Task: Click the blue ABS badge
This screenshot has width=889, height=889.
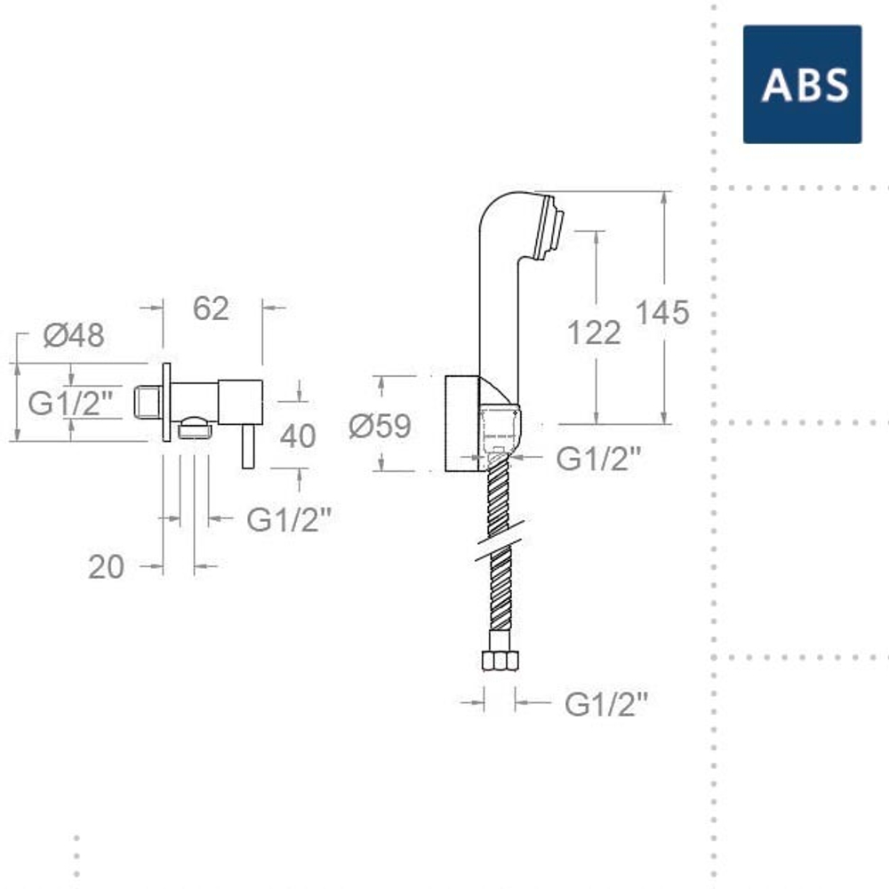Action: pyautogui.click(x=802, y=84)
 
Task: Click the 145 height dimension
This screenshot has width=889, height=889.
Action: pyautogui.click(x=662, y=312)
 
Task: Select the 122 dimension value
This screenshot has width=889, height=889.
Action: pyautogui.click(x=594, y=332)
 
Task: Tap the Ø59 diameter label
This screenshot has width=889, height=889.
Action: pyautogui.click(x=380, y=427)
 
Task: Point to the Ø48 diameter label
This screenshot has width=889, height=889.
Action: pyautogui.click(x=74, y=335)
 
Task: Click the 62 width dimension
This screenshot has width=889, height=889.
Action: pyautogui.click(x=211, y=308)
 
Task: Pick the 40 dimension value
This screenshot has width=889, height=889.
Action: pyautogui.click(x=298, y=436)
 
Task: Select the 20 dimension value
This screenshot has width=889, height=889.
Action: pyautogui.click(x=106, y=566)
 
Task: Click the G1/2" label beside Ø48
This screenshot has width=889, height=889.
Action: pyautogui.click(x=70, y=403)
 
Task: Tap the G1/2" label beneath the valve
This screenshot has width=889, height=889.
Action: pyautogui.click(x=288, y=519)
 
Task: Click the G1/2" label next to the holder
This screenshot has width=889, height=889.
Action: pyautogui.click(x=598, y=459)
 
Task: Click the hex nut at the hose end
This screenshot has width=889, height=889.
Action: pyautogui.click(x=500, y=661)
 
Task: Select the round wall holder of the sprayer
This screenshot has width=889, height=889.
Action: pyautogui.click(x=461, y=423)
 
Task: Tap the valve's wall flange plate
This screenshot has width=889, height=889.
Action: pyautogui.click(x=165, y=402)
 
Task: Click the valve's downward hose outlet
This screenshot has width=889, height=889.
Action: pyautogui.click(x=196, y=431)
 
